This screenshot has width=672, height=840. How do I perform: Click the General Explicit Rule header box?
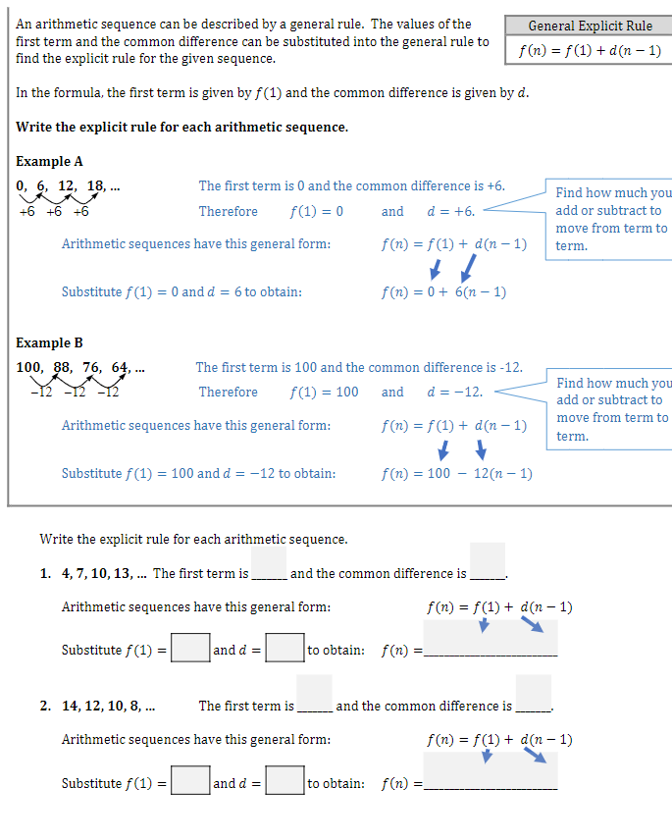pos(590,26)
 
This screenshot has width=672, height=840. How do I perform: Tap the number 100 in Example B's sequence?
pos(29,368)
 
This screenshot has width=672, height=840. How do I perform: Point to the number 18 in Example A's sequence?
pos(95,186)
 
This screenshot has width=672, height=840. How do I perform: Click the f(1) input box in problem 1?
pos(190,649)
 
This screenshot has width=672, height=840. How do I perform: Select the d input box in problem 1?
pos(284,649)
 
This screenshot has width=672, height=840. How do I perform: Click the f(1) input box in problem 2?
pos(190,782)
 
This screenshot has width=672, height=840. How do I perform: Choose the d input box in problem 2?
pos(284,782)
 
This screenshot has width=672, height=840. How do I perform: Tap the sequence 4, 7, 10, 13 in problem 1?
pos(96,573)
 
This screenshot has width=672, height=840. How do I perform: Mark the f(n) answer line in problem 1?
pos(491,649)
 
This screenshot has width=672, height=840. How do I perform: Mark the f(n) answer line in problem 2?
pos(491,782)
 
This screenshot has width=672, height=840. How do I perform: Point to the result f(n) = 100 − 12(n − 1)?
pos(457,473)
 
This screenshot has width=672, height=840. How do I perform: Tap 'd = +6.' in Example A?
pos(451,211)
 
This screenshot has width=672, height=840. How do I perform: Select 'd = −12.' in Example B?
pos(455,392)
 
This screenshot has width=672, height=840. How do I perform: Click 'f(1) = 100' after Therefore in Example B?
pos(325,392)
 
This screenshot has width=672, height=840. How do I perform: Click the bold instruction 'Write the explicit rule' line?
pos(181,127)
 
